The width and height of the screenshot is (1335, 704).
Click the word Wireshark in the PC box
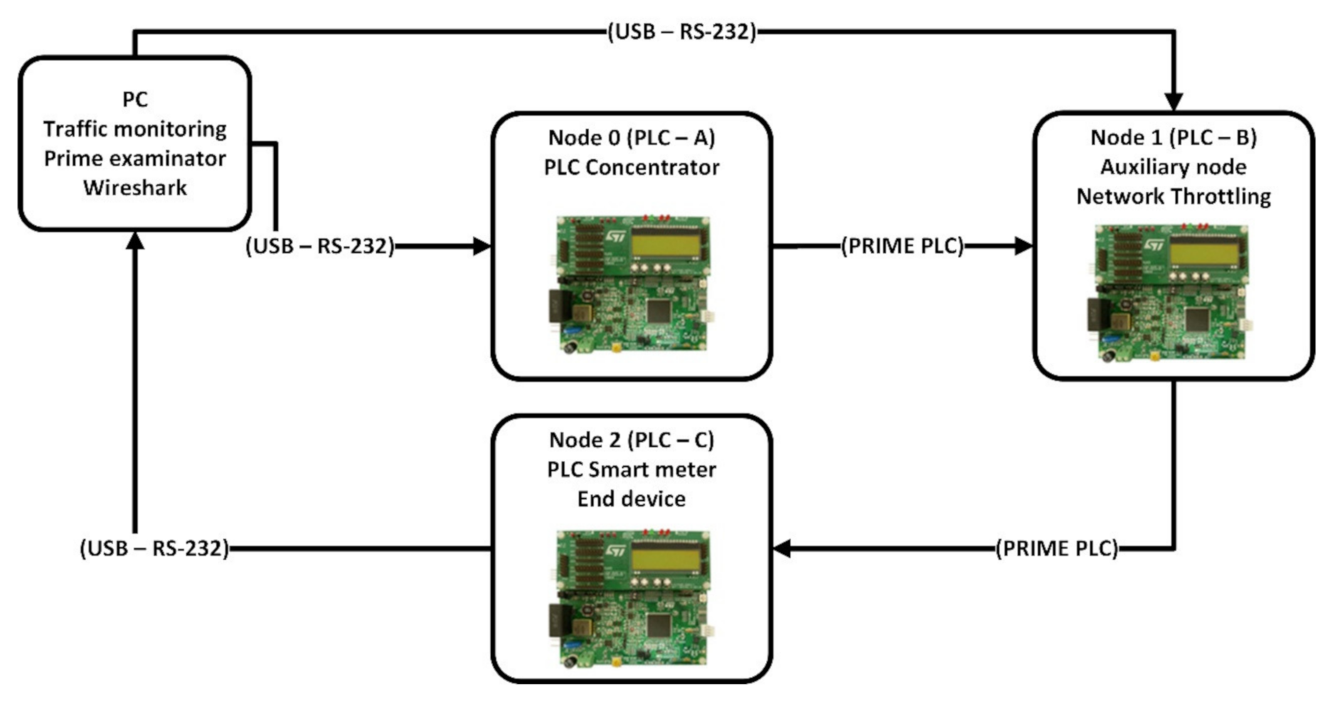135,188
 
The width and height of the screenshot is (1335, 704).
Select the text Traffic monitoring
135,129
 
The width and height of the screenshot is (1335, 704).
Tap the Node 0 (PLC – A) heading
631,137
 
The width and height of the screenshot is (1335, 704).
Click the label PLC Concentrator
631,168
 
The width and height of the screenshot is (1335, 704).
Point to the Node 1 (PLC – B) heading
1173,137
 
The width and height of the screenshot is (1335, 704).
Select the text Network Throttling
1173,196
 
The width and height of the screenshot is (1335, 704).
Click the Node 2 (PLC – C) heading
631,440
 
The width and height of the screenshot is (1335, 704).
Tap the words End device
631,499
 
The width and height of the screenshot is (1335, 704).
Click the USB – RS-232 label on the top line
681,31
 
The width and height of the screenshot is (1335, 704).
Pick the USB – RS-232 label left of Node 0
320,247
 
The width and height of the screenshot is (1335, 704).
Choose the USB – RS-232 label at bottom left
154,548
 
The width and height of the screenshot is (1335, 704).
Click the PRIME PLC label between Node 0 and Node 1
902,247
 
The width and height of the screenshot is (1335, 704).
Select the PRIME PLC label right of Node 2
1056,548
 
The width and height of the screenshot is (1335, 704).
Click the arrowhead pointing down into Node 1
1174,102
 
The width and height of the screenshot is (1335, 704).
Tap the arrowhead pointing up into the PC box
135,240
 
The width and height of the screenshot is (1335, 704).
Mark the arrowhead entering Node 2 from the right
782,548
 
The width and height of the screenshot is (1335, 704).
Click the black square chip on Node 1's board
1197,320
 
